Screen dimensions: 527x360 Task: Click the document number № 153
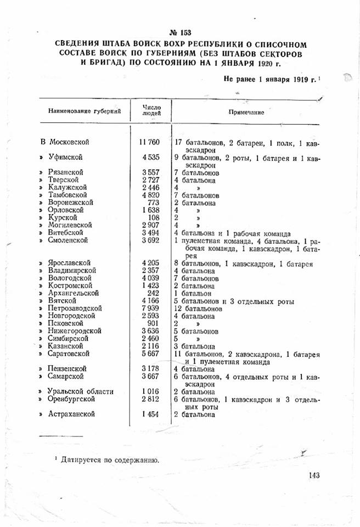coord(181,32)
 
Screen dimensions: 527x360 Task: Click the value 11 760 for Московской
coord(151,143)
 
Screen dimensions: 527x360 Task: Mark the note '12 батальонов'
coord(198,309)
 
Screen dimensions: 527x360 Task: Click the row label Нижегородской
coord(75,331)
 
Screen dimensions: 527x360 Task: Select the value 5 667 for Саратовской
coord(151,354)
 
